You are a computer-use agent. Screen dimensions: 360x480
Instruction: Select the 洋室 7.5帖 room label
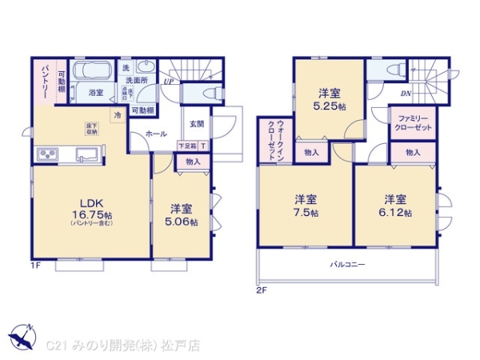tap(305, 206)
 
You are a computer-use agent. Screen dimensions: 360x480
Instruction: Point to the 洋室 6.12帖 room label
tap(396, 206)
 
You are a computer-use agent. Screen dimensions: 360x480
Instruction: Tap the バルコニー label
tap(346, 263)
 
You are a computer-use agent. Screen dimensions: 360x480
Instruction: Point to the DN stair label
tap(406, 94)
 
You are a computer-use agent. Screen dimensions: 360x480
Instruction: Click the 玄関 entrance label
tap(197, 124)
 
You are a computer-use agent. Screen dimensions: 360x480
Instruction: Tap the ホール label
tap(156, 134)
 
